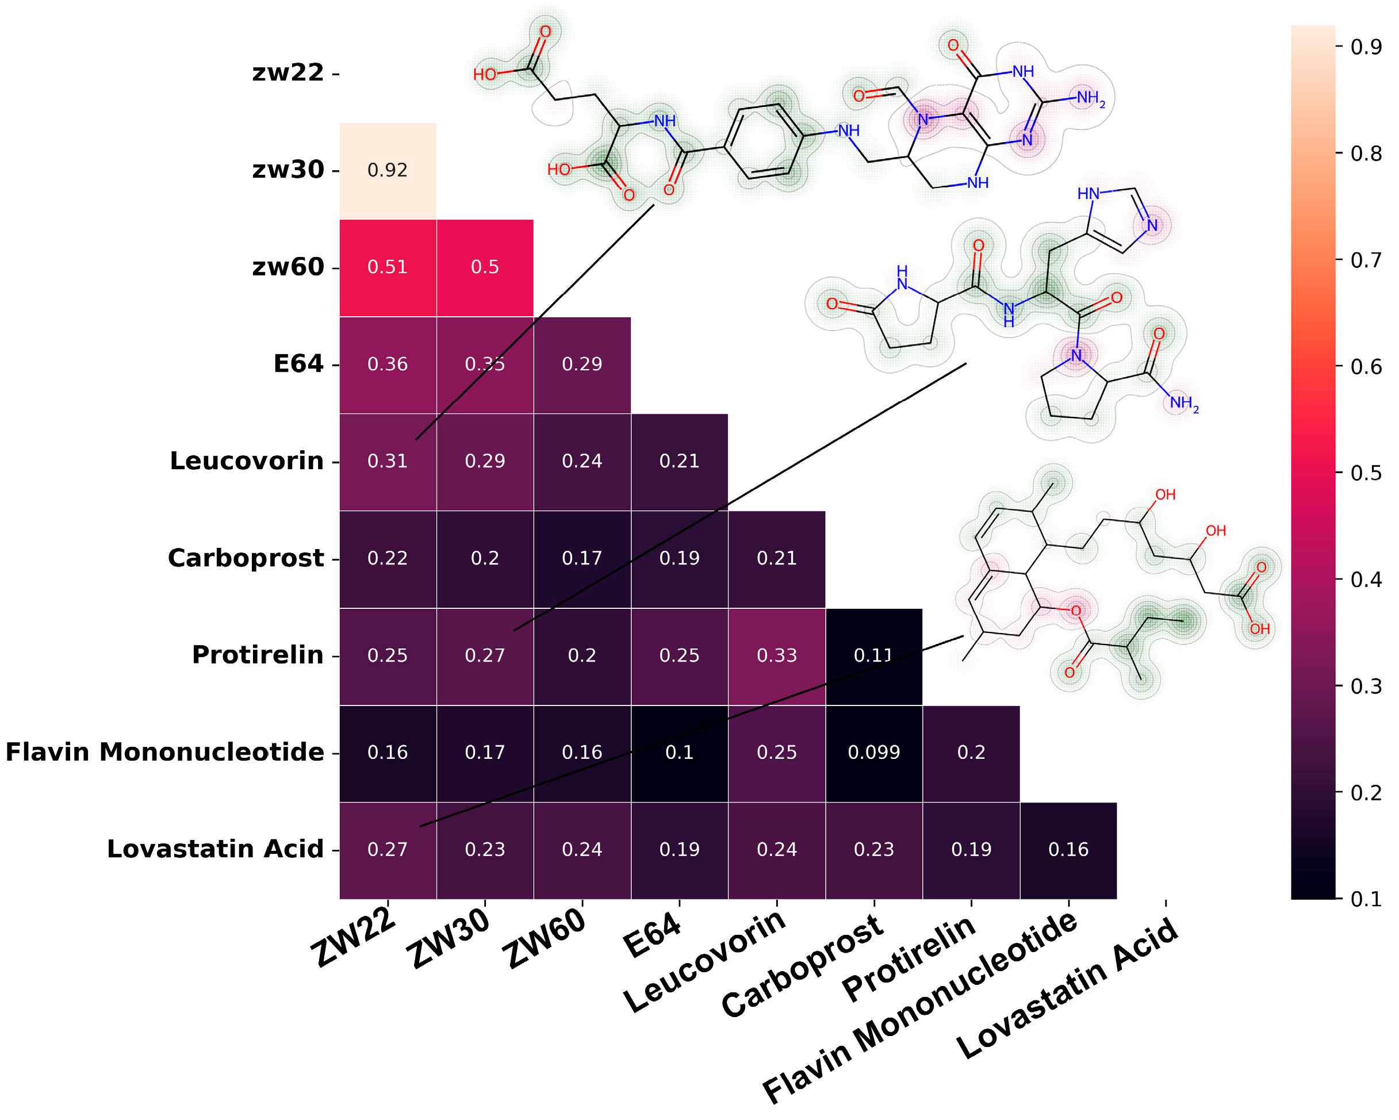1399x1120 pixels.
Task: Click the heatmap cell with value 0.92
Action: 388,171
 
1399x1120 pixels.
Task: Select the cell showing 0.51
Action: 388,267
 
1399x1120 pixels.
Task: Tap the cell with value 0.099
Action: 873,753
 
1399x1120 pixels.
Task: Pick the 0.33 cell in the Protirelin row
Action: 776,655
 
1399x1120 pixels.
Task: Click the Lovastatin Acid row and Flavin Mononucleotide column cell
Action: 1068,849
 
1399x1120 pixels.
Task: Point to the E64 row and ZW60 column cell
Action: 582,365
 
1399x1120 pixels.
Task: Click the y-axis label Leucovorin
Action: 247,461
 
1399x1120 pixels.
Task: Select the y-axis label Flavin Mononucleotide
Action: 165,753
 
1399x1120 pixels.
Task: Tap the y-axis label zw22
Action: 288,72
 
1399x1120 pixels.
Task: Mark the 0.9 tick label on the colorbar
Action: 1365,47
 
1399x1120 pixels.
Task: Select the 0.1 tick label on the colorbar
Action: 1365,899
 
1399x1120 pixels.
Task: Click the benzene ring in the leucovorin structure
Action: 763,141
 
